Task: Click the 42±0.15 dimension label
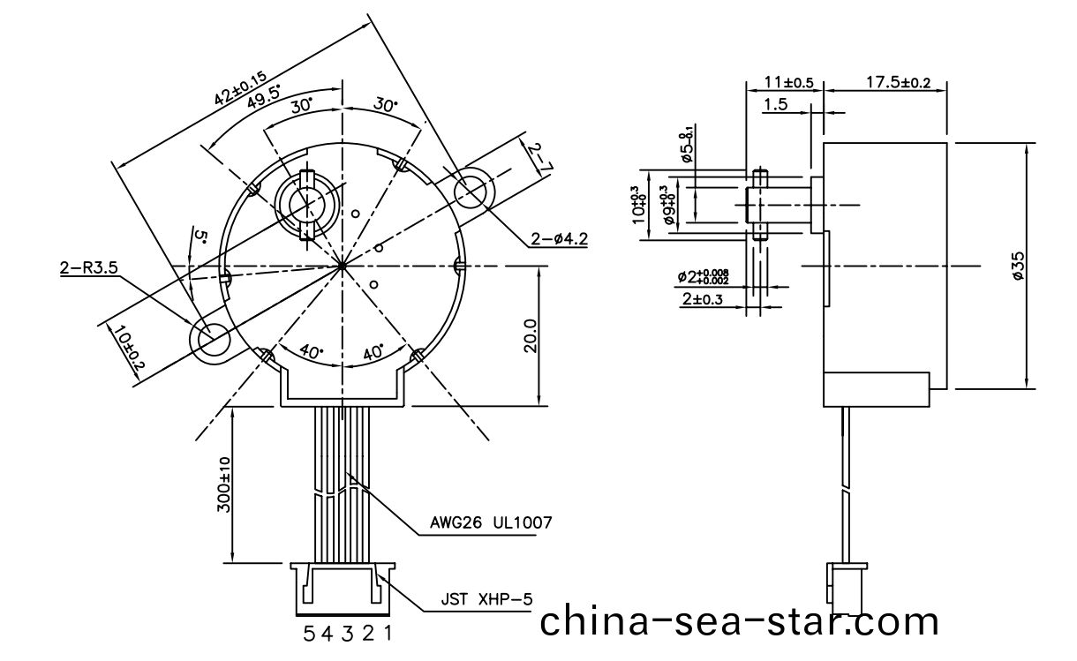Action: (240, 86)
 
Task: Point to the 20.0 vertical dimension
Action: (530, 336)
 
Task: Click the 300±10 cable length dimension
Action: (223, 485)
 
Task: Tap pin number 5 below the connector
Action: (309, 633)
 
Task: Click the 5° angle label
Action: (200, 238)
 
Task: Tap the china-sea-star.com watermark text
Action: (739, 621)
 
